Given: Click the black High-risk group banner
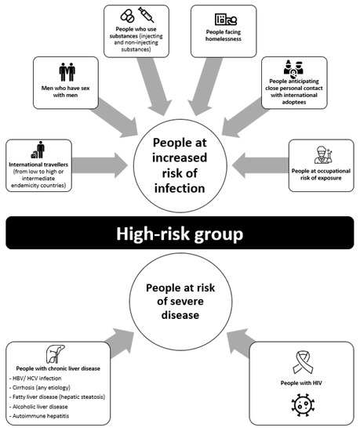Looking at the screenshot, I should pos(180,233).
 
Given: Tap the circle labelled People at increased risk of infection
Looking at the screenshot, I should pos(180,161).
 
